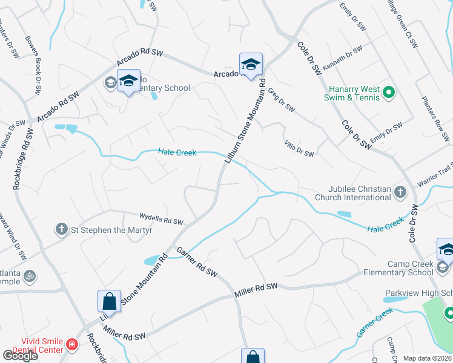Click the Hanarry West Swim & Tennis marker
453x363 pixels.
[x=389, y=93]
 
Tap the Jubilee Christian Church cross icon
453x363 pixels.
[x=400, y=192]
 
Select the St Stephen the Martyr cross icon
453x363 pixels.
[x=61, y=229]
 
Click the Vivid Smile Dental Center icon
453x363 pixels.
[x=72, y=345]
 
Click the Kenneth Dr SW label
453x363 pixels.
[x=342, y=56]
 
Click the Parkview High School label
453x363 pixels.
[x=418, y=293]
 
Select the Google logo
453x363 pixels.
[x=20, y=356]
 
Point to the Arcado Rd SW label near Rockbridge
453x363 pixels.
[x=58, y=107]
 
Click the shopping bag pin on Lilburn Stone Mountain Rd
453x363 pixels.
[x=109, y=301]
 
